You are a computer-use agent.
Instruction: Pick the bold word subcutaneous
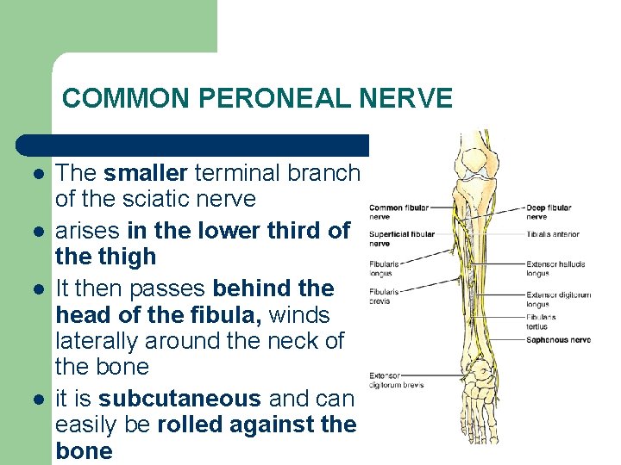point(179,399)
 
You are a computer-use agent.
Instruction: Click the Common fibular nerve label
point(398,212)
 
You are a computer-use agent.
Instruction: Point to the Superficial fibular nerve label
point(401,239)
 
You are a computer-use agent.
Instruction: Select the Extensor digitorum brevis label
point(396,380)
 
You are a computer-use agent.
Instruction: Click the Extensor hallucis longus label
point(555,268)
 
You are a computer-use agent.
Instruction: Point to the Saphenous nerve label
point(557,339)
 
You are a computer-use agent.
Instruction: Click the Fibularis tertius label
point(542,321)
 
